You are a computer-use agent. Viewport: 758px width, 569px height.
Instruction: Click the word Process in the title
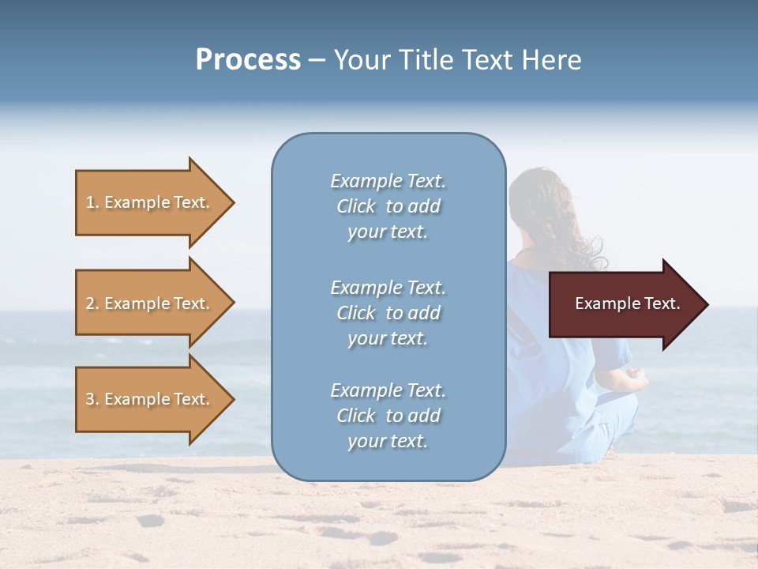tap(248, 60)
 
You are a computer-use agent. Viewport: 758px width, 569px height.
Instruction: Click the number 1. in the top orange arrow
tap(92, 202)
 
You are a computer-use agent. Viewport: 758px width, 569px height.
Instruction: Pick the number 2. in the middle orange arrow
tap(92, 303)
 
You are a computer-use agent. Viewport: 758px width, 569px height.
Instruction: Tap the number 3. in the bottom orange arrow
tap(92, 399)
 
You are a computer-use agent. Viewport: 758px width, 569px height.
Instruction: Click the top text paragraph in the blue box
tap(388, 206)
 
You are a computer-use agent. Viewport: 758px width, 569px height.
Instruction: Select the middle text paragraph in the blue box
tap(388, 313)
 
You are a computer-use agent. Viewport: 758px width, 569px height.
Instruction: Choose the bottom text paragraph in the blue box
tap(388, 416)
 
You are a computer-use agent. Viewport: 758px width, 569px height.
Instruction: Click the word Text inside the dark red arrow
tap(660, 303)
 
